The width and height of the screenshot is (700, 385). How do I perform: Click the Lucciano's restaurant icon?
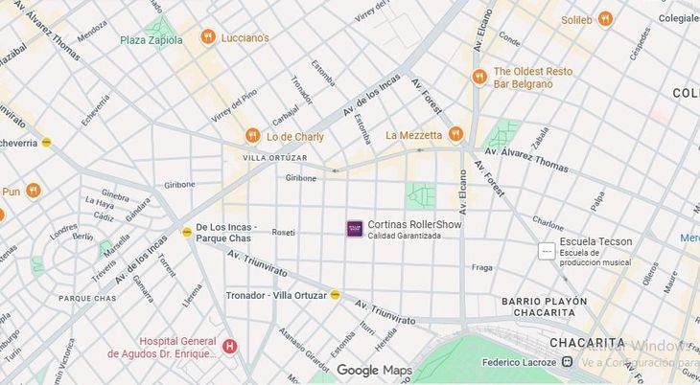coord(207,37)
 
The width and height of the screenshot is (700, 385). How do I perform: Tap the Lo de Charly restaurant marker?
coord(252,136)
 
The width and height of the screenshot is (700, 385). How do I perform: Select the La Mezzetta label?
coord(413,135)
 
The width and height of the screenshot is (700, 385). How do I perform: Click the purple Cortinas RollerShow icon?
coord(355,228)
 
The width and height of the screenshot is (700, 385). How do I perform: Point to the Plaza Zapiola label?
coord(152,40)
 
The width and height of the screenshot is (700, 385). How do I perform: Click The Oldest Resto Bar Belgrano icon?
coord(478,77)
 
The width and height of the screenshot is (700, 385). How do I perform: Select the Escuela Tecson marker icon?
coord(546,251)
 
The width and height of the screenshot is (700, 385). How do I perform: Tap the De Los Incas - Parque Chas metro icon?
coord(187,232)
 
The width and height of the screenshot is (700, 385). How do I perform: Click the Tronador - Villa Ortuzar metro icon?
coord(335,295)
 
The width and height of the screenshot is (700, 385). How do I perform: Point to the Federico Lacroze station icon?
coord(568,362)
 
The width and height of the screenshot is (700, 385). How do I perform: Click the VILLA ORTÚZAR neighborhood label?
coord(275,158)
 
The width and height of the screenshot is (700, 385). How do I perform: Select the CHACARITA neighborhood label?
coord(587,343)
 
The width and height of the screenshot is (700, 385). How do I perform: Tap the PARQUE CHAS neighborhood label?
coord(87,298)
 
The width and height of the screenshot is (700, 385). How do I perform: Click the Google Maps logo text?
coord(373,371)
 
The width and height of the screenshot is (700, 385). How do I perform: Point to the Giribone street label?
coord(300,178)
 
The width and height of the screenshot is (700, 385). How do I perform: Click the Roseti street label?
coord(283,232)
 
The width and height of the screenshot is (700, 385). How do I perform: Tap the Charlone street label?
coord(548,224)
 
